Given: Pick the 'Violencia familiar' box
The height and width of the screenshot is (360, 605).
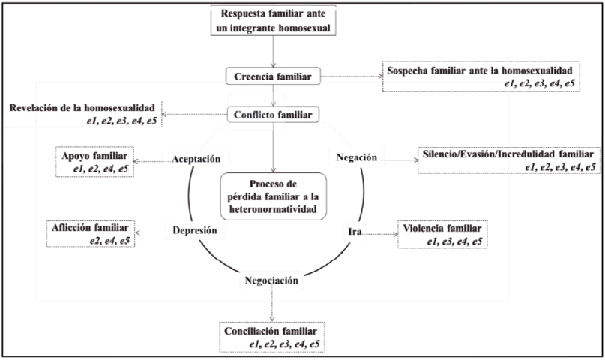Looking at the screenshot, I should [445, 233].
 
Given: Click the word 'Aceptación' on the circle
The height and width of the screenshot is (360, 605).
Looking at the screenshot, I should [196, 159].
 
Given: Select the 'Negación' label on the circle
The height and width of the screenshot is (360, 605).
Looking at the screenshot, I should [356, 157].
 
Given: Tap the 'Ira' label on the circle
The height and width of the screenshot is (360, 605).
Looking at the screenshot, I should [355, 232].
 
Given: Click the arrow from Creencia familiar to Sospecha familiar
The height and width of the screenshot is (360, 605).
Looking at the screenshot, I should [349, 76].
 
